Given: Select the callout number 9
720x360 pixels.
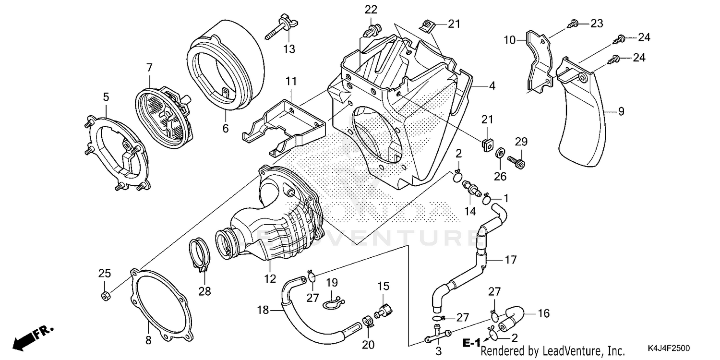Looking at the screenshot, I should point(621,111).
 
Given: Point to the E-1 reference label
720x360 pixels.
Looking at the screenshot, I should point(471,343).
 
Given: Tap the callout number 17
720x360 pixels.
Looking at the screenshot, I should point(510,260).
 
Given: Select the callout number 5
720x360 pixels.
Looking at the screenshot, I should point(106,97).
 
